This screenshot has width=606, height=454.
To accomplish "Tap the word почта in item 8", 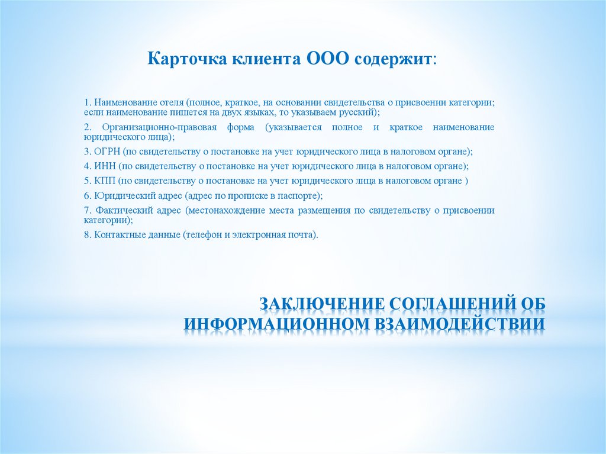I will coord(302,234).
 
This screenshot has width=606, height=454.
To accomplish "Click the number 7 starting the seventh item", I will coord(86,211).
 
